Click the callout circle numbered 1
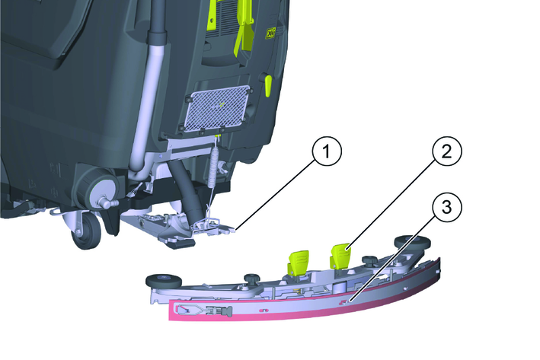click(326, 151)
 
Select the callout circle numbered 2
click(446, 151)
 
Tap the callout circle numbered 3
click(446, 209)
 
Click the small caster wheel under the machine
click(85, 231)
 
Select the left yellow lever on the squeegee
click(298, 263)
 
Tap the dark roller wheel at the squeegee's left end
click(164, 281)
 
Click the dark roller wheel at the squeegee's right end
click(412, 242)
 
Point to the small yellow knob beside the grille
click(268, 84)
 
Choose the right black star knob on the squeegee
click(369, 260)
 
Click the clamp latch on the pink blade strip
click(204, 310)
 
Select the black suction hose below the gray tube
click(187, 193)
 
